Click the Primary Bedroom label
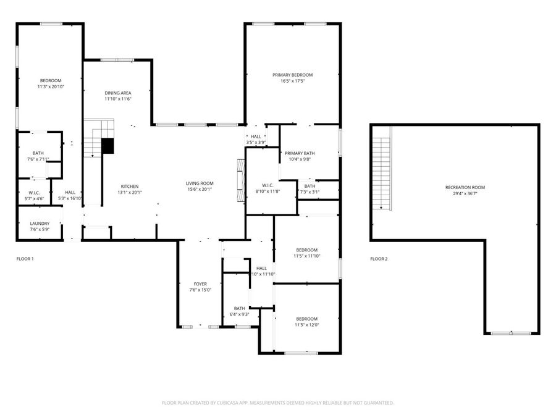293,75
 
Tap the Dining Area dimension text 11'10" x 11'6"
117,99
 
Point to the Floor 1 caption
25,259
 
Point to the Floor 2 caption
379,259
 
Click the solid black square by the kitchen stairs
108,146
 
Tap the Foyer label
200,284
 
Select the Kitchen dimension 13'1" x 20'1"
129,192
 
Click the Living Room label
200,183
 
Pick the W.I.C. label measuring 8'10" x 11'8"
267,185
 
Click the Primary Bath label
300,153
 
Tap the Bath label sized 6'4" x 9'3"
239,308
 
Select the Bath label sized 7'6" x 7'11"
38,153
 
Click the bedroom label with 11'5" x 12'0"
306,319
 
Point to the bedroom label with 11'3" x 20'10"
51,80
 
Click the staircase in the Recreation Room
383,173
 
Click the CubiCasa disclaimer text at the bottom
278,403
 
